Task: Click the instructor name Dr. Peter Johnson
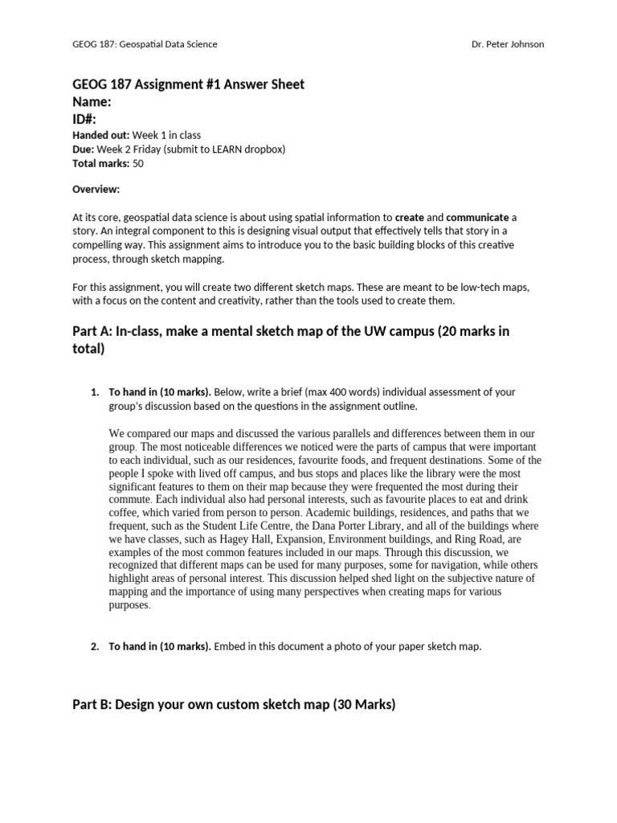pos(508,44)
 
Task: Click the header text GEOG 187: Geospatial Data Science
pos(145,44)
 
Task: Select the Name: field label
pos(92,102)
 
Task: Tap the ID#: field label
pos(86,119)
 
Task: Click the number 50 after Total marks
pos(138,163)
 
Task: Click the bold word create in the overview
pos(410,217)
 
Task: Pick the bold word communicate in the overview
pos(477,217)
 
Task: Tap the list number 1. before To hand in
pos(94,392)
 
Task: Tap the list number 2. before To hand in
pos(94,646)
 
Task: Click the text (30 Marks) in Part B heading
pos(364,705)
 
